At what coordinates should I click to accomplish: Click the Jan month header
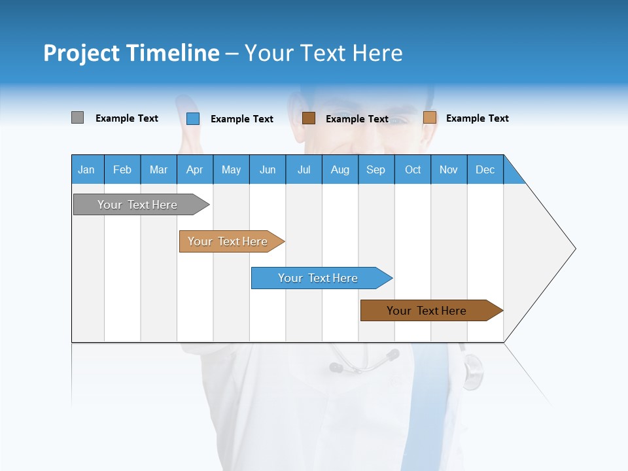pyautogui.click(x=86, y=169)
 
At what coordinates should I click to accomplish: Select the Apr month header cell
pyautogui.click(x=194, y=169)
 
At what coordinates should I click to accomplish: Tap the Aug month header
pyautogui.click(x=340, y=169)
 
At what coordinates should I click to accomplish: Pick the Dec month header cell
pyautogui.click(x=485, y=169)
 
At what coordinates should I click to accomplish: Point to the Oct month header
pyautogui.click(x=412, y=169)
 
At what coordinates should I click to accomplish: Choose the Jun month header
pyautogui.click(x=267, y=169)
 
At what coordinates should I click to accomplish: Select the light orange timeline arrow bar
pyautogui.click(x=229, y=241)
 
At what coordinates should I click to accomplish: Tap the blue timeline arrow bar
pyautogui.click(x=319, y=278)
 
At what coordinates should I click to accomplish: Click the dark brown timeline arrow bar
pyautogui.click(x=428, y=311)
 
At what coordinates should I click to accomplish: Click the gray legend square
pyautogui.click(x=77, y=118)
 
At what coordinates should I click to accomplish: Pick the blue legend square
pyautogui.click(x=192, y=118)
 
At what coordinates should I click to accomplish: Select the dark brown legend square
pyautogui.click(x=309, y=118)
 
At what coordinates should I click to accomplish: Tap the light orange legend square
pyautogui.click(x=429, y=118)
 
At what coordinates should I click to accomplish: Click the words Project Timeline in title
pyautogui.click(x=131, y=53)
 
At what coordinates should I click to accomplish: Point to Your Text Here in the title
pyautogui.click(x=323, y=53)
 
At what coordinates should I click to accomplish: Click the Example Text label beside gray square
pyautogui.click(x=126, y=118)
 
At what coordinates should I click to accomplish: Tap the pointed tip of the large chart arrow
pyautogui.click(x=574, y=249)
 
